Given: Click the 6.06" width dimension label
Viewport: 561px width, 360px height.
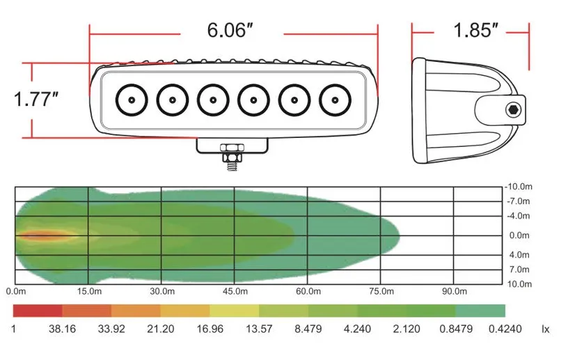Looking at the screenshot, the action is [x=230, y=30].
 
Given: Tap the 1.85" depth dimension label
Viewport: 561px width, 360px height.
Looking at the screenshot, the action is [x=475, y=30].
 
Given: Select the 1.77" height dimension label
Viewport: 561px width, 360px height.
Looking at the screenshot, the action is [x=35, y=99].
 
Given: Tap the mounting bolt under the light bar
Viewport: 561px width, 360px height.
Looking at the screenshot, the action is [x=232, y=157].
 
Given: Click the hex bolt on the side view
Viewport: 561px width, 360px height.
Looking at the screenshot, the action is [x=514, y=110].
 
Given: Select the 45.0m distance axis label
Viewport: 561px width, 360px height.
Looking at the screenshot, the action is [x=235, y=291].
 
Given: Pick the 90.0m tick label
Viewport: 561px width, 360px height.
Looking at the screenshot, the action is [x=455, y=291].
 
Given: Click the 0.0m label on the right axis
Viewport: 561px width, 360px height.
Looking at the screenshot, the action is [x=519, y=235].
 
